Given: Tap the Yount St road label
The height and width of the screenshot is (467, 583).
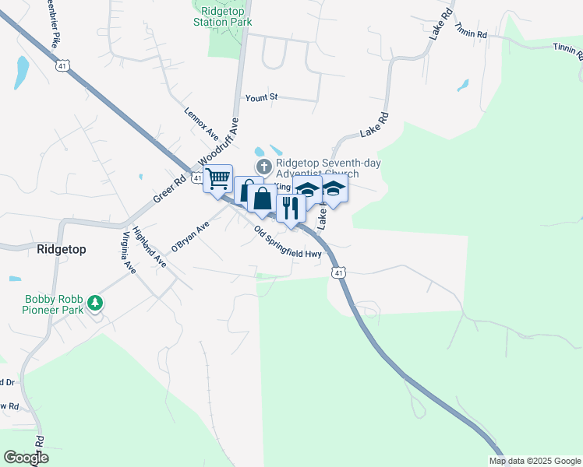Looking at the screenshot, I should [262, 97].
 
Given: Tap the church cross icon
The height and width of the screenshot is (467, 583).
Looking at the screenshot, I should [263, 167].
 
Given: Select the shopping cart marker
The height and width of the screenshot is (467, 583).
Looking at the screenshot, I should [217, 178].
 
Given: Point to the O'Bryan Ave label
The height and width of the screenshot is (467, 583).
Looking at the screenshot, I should [191, 237].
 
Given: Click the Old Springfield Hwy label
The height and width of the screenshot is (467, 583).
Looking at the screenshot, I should [288, 242].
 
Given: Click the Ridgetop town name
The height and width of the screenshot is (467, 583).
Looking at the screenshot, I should [61, 249].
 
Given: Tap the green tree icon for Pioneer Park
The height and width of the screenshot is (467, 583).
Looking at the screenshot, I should [95, 302].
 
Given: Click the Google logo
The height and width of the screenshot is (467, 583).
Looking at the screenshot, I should [26, 458].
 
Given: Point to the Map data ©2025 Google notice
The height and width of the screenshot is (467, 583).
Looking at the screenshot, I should [534, 461].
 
